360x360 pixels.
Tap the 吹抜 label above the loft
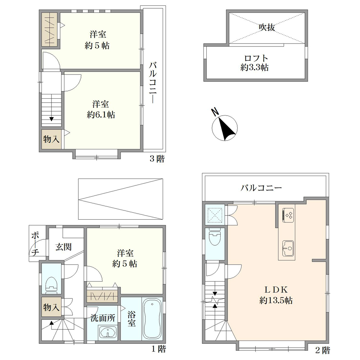267,27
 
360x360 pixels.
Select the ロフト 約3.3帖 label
255,62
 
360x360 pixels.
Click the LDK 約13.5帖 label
276,295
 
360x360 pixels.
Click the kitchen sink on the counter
288,248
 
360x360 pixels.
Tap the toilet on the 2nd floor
215,237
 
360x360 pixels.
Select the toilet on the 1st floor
51,285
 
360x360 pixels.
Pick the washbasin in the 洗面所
107,332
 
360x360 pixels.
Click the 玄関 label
64,247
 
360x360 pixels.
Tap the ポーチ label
35,244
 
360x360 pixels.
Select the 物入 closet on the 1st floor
51,307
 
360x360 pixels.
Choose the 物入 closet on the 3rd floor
51,139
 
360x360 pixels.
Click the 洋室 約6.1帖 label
101,109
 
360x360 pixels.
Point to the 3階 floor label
157,159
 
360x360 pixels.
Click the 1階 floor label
159,349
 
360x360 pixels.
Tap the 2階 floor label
323,350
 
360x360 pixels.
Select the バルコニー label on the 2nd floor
261,188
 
